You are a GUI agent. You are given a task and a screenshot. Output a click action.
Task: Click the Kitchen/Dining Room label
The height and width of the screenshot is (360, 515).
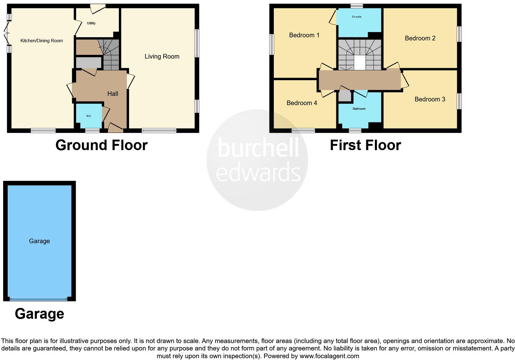[42, 41]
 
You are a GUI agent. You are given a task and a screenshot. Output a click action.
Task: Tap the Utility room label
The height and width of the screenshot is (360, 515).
[91, 23]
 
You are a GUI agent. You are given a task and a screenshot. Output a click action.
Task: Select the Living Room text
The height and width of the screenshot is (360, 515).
[162, 56]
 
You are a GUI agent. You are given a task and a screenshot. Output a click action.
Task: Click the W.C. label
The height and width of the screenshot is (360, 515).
[89, 116]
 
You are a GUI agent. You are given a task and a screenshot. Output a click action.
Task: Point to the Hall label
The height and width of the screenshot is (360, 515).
[113, 94]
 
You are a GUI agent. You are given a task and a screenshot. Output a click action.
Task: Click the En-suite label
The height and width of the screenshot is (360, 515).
[357, 17]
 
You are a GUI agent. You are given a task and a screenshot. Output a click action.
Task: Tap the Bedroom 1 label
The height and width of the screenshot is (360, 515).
[304, 35]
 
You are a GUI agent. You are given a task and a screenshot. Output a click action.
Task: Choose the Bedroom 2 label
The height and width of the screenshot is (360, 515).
[420, 38]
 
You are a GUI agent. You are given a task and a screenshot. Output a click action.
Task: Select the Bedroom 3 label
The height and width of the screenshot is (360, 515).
[430, 99]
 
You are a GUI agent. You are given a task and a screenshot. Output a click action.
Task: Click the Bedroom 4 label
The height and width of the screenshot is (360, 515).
[302, 103]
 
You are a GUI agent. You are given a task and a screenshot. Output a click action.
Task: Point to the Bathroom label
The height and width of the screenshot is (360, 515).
[359, 109]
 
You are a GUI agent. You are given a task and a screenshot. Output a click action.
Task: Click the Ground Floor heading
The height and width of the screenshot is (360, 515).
[102, 145]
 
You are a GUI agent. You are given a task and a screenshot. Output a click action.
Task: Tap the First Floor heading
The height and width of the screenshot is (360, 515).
[366, 145]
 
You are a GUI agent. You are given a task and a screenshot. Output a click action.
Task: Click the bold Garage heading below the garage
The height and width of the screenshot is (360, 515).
[39, 314]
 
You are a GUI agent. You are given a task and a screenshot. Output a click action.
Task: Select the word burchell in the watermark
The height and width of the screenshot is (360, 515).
[258, 148]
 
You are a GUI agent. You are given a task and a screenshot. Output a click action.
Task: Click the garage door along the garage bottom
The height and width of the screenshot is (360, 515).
[39, 299]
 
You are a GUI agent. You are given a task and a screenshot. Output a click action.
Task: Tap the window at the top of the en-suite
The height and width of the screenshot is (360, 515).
[357, 6]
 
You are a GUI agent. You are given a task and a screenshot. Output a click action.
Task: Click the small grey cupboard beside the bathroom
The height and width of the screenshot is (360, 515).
[345, 96]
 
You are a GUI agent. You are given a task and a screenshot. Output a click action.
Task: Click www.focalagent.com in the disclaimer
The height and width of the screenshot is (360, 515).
[329, 356]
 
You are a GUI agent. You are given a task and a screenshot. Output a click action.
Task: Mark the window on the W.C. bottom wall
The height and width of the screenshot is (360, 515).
[92, 131]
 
